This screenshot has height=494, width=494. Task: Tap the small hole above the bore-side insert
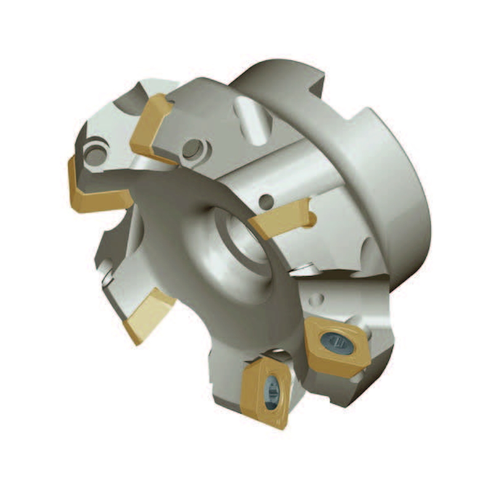[x=266, y=201]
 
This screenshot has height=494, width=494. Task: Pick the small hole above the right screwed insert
[x=316, y=299]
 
